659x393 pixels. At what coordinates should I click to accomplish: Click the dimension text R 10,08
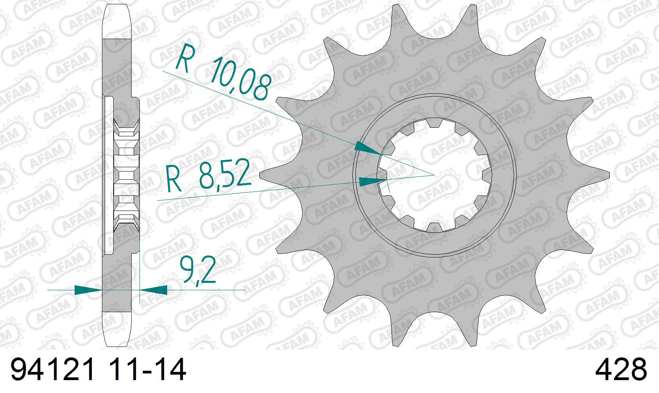pos(223,72)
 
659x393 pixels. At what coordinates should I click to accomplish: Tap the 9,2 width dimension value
pos(198,270)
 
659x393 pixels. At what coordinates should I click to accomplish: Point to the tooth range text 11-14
pos(147,370)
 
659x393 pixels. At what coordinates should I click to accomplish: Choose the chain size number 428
pos(621,370)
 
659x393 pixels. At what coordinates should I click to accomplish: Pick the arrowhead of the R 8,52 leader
pos(373,181)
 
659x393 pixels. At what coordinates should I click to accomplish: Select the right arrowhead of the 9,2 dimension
pos(154,290)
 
